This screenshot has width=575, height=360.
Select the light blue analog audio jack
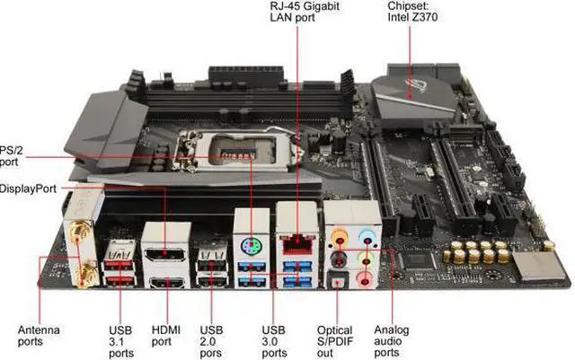(x=367, y=241)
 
